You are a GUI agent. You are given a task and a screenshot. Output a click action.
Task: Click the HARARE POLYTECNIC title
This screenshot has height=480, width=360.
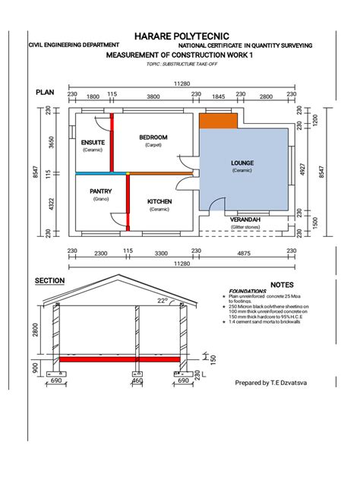click(x=180, y=36)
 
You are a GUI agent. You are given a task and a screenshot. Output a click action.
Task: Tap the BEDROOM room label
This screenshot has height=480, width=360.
click(x=153, y=137)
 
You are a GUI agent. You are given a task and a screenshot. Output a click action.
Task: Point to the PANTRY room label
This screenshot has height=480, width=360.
click(x=101, y=191)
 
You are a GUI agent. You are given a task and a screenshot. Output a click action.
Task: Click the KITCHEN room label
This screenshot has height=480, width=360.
click(x=159, y=201)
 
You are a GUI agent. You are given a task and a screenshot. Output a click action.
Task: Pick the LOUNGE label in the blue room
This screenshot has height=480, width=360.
click(x=242, y=163)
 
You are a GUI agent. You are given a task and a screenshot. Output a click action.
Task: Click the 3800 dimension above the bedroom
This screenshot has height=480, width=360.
click(x=153, y=96)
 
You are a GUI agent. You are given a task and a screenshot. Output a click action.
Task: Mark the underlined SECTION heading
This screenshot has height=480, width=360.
click(x=50, y=280)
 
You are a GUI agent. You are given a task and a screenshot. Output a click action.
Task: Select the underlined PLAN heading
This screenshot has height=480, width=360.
click(x=46, y=92)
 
